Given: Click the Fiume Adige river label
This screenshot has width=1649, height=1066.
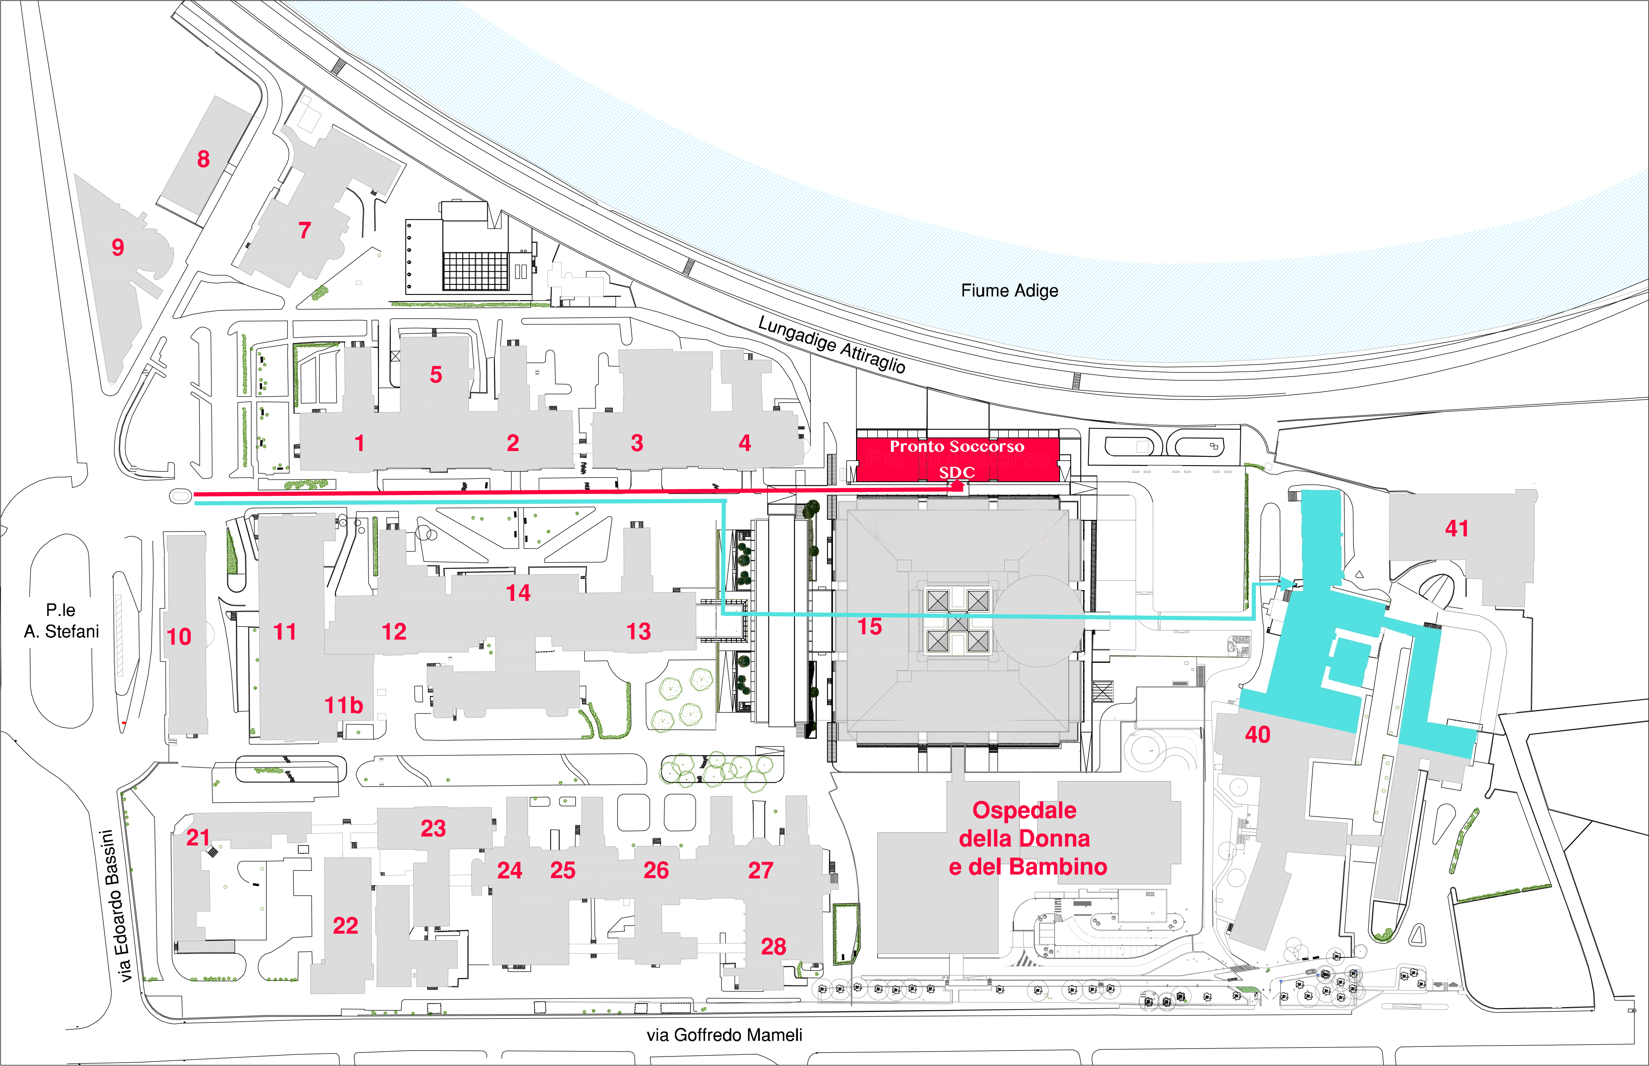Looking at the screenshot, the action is [1009, 291].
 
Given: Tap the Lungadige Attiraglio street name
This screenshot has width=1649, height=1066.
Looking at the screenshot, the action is [832, 344].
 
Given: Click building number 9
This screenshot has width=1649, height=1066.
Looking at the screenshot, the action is [118, 247].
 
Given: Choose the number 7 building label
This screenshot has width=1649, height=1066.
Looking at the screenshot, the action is [304, 230].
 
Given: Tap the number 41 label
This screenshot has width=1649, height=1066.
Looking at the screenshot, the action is [1457, 529].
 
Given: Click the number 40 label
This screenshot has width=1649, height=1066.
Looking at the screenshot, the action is [1257, 735].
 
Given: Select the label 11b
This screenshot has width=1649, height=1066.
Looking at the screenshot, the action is [344, 706].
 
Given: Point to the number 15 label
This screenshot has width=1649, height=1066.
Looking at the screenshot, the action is [869, 627].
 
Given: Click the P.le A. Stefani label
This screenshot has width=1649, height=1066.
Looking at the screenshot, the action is [61, 621].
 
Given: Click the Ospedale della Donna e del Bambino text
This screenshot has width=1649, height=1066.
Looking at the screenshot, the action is [1027, 838].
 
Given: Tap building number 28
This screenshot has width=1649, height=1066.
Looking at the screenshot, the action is [773, 946].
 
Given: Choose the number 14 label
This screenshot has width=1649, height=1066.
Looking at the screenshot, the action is [518, 593].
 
